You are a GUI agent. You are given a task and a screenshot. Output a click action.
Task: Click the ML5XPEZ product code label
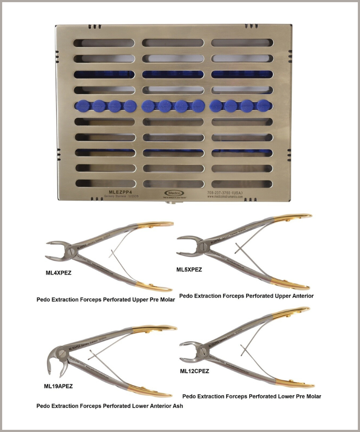click(189, 270)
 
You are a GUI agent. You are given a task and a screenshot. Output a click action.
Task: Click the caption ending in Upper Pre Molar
click(106, 300)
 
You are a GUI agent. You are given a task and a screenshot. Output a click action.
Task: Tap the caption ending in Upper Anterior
click(246, 296)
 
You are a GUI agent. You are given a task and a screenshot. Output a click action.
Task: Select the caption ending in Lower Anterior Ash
click(109, 406)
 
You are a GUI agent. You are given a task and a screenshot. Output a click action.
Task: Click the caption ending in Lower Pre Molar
click(251, 396)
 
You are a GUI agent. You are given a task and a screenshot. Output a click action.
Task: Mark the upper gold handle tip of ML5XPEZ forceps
click(308, 215)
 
